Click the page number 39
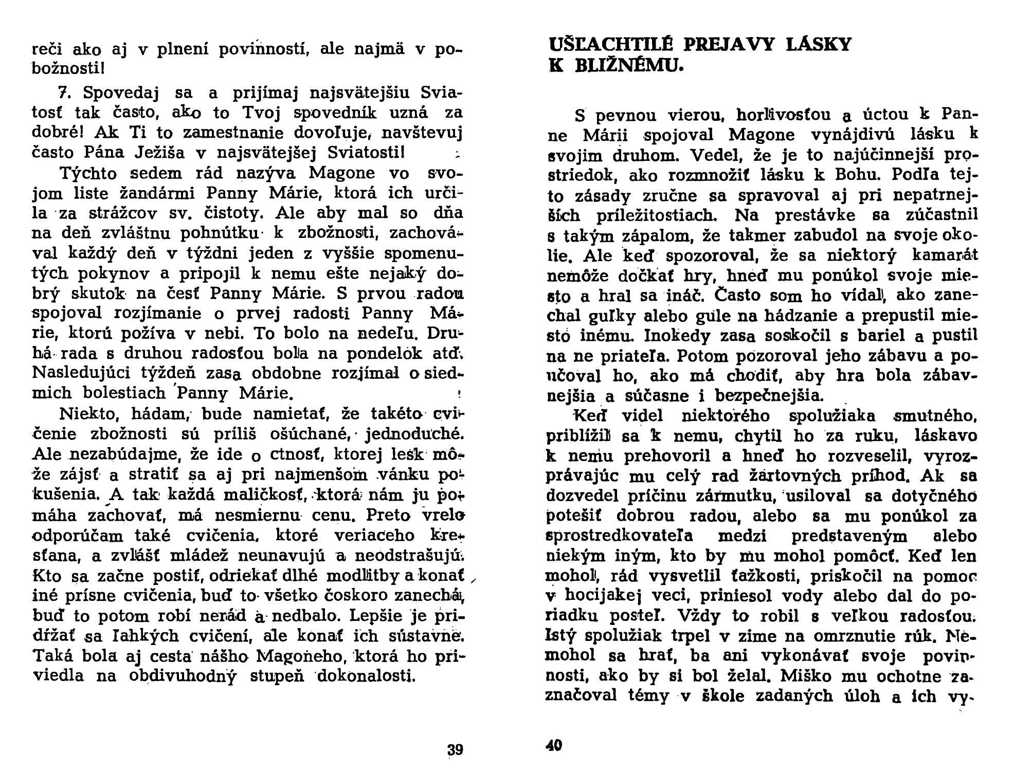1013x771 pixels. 455,749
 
